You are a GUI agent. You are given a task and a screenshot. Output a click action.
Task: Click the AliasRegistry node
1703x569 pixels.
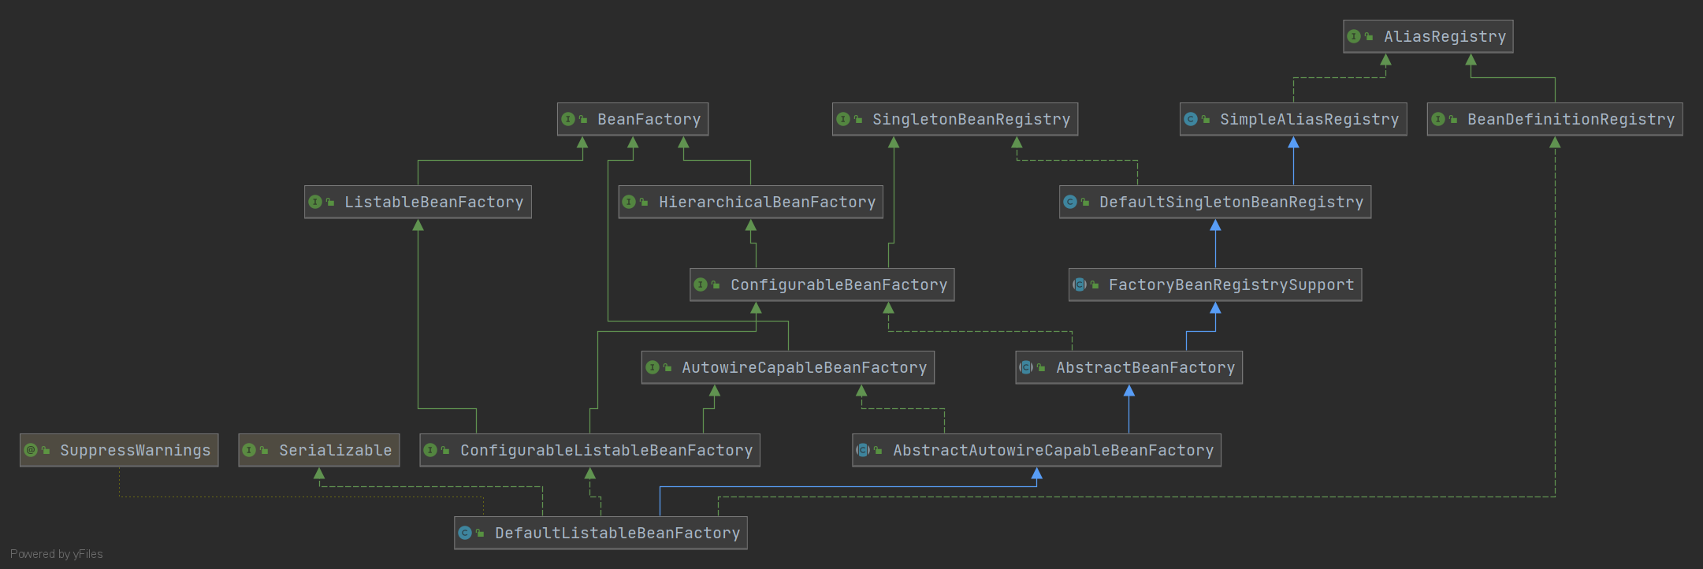(x=1428, y=37)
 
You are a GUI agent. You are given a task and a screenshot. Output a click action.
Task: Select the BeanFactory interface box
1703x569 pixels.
(x=633, y=120)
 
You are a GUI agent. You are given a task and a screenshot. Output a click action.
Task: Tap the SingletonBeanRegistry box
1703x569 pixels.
(x=955, y=120)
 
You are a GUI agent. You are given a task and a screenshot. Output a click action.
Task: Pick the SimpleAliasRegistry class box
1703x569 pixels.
(x=1293, y=120)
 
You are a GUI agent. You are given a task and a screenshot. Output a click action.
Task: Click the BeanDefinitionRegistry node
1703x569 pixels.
(x=1554, y=120)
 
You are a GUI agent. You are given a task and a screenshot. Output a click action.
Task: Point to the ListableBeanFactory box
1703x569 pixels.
(x=418, y=203)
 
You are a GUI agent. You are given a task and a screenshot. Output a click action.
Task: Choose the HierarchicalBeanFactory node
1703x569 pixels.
(x=750, y=203)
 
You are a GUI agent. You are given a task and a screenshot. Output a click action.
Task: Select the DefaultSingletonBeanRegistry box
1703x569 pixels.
(x=1215, y=203)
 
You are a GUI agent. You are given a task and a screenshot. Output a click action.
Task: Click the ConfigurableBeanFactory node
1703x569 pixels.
(x=822, y=285)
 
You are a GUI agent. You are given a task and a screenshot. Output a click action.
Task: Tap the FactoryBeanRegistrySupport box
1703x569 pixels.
(x=1215, y=285)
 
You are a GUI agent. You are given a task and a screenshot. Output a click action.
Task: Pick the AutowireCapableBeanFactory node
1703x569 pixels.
(x=788, y=368)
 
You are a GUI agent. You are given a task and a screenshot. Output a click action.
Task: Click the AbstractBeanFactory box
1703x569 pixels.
(x=1129, y=368)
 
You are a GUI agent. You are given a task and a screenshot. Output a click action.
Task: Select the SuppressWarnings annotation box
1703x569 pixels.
(x=119, y=451)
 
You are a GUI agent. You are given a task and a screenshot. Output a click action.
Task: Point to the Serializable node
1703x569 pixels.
(x=319, y=451)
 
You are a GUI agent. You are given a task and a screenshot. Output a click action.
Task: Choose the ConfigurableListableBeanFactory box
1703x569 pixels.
(x=589, y=451)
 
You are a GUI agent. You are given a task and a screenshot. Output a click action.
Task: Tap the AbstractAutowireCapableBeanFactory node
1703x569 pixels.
(x=1036, y=451)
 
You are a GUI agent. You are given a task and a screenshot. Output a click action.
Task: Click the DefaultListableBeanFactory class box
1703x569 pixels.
(x=601, y=534)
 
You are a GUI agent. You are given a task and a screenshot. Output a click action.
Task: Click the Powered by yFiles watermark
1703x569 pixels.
(x=57, y=554)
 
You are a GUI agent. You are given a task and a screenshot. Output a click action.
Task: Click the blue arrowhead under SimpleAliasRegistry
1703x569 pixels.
(x=1293, y=143)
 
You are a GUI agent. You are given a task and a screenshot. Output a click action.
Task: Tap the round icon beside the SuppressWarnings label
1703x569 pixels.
(x=31, y=450)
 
